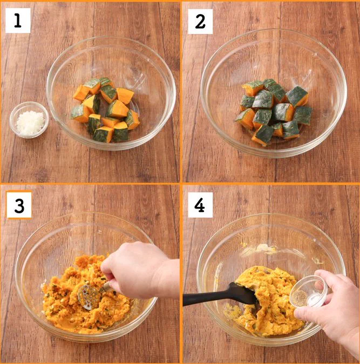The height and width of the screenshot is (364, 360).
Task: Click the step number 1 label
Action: [x=18, y=21]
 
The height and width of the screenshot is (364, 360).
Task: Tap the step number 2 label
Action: [x=200, y=22]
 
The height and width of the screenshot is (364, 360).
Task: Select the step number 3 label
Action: [x=19, y=205]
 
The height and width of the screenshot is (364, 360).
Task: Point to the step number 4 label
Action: [x=200, y=205]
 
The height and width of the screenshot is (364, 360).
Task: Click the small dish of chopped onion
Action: [x=29, y=119]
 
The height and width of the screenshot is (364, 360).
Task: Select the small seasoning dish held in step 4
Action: [x=309, y=291]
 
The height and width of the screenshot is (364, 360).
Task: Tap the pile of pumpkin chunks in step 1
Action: [x=106, y=110]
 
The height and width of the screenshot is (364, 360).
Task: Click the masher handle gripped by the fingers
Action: [x=106, y=287]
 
